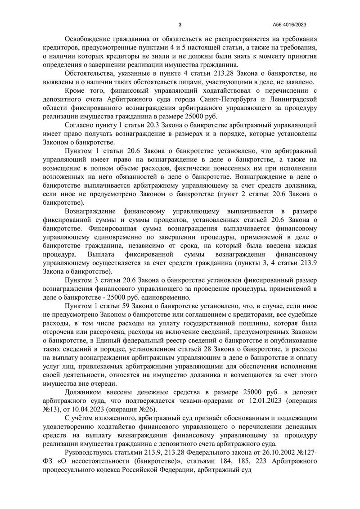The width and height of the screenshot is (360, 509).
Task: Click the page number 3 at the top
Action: coord(180,25)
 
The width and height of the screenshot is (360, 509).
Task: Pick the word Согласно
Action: coord(79,124)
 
